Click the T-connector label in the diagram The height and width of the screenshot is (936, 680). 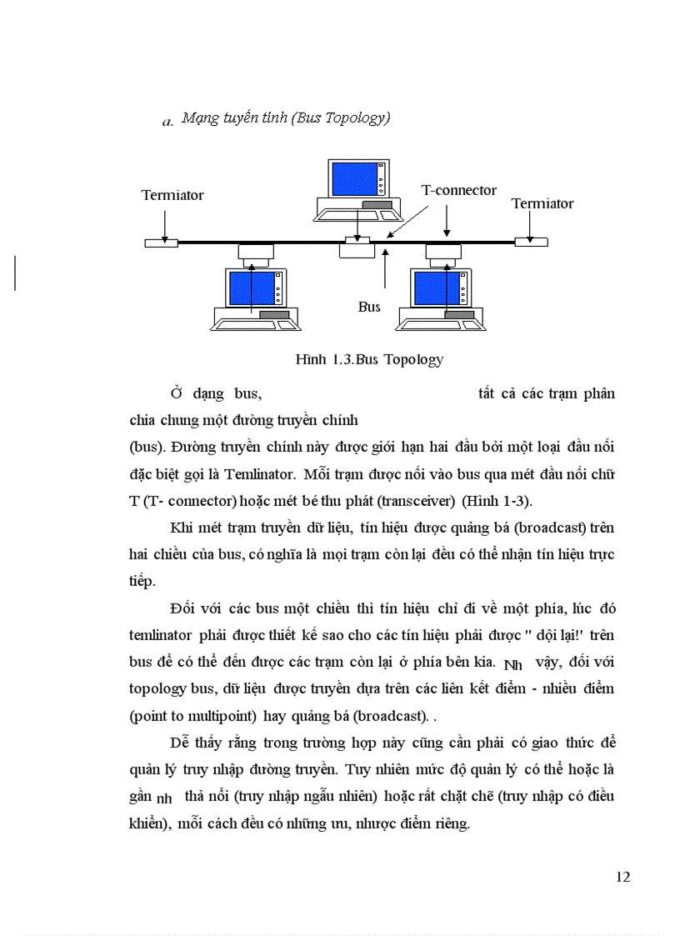(458, 191)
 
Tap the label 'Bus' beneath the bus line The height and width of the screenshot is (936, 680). (369, 307)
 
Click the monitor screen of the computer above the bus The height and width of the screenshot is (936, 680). (354, 178)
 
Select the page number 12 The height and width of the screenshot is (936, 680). (622, 876)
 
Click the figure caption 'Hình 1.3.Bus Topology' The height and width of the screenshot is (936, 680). (369, 359)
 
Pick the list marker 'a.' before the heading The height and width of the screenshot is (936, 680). (167, 123)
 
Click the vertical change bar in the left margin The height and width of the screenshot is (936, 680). (15, 273)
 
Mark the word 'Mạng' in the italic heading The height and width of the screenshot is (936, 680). (198, 118)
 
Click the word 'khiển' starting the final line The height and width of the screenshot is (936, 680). (150, 823)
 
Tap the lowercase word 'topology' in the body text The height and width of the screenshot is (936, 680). (154, 688)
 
